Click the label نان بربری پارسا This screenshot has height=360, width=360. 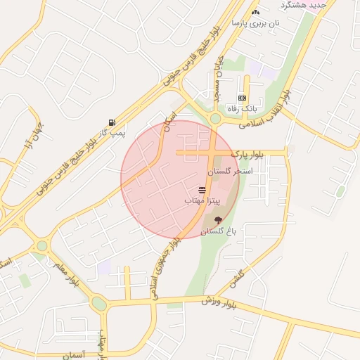[261, 23]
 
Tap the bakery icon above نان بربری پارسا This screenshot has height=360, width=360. [255, 13]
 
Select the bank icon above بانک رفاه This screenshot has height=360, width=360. [243, 98]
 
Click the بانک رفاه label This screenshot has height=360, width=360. [243, 109]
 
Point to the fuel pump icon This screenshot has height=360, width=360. [112, 122]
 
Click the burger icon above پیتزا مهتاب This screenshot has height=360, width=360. [202, 190]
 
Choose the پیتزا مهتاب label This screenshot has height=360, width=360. [202, 200]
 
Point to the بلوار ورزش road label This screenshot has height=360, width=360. [226, 303]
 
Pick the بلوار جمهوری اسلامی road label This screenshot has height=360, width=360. [166, 264]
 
